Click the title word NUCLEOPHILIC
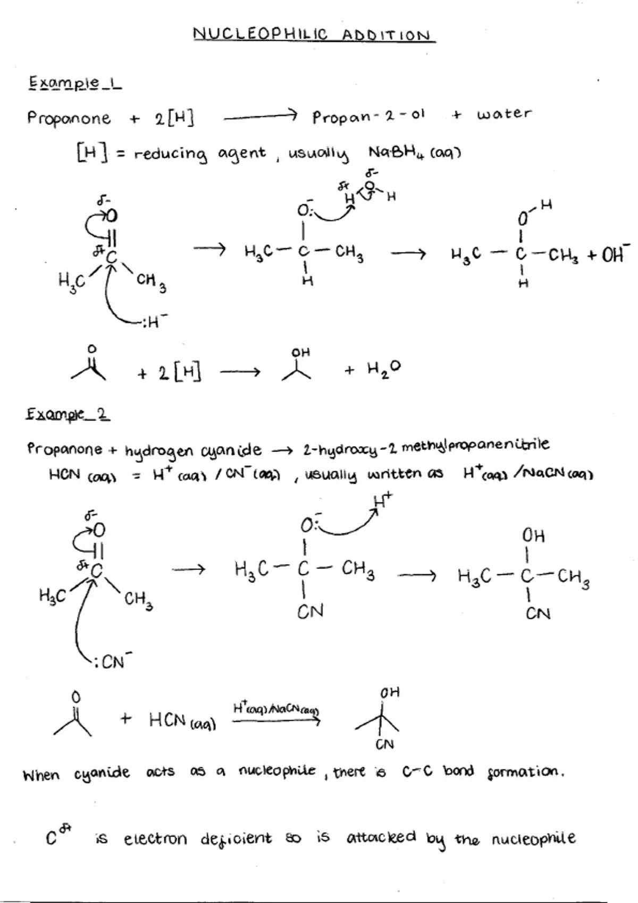coord(260,35)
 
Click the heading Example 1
coord(74,83)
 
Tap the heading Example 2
coord(68,414)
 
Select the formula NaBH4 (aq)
coord(414,153)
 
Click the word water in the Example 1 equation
coord(503,114)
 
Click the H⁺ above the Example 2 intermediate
coord(382,501)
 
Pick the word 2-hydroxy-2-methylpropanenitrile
coord(426,447)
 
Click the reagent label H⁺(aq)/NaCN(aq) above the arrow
coord(276,709)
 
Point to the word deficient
coord(236,839)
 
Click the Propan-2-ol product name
coord(368,116)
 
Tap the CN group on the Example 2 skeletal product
coord(384,745)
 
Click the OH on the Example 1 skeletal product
coord(300,353)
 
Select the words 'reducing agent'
coord(199,155)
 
